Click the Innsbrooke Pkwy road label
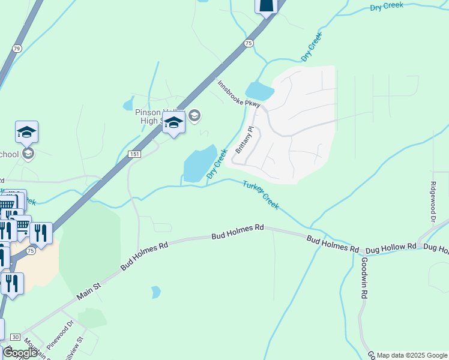(239, 94)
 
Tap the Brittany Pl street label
(246, 139)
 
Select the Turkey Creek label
(261, 194)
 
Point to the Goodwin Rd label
(364, 278)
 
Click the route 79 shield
(16, 49)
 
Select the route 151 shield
(134, 155)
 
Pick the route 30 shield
(15, 337)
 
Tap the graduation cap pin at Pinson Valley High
(173, 122)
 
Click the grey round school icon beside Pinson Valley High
(194, 116)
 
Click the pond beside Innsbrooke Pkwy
(259, 91)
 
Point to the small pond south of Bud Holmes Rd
(156, 292)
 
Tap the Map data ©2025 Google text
(412, 355)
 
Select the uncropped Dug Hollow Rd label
(391, 247)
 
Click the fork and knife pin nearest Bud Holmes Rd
(41, 232)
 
